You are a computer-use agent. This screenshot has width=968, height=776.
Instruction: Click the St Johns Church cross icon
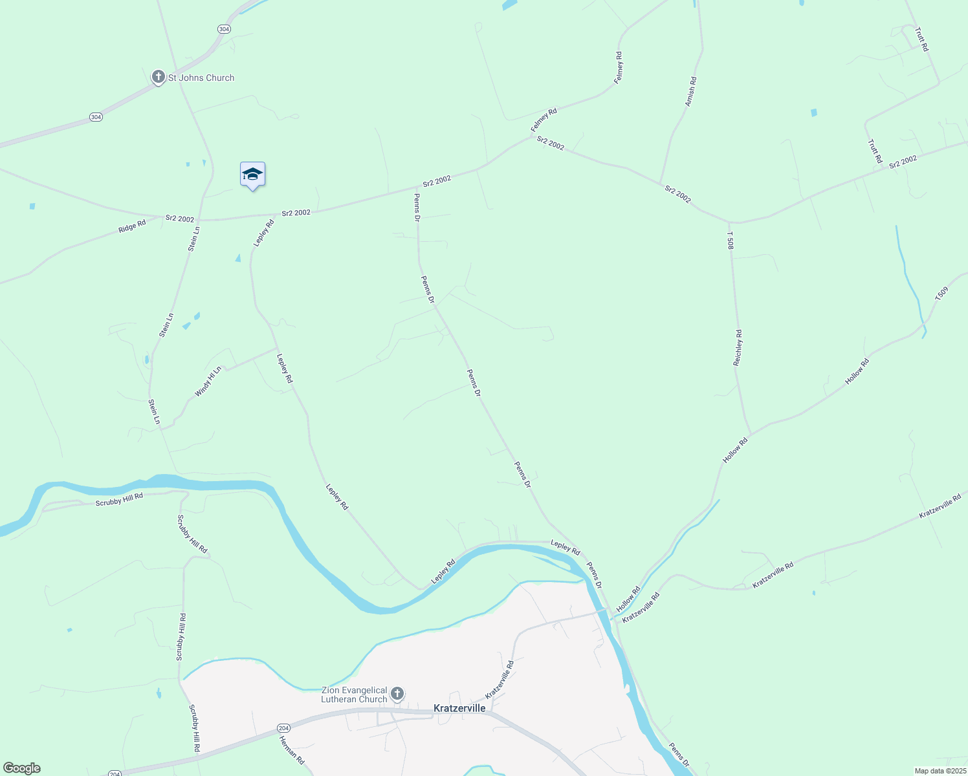pyautogui.click(x=158, y=78)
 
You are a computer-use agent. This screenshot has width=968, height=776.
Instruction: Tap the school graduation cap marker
pyautogui.click(x=252, y=175)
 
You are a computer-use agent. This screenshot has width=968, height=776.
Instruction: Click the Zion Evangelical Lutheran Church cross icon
pyautogui.click(x=397, y=695)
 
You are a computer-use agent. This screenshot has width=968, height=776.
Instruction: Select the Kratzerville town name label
pyautogui.click(x=459, y=708)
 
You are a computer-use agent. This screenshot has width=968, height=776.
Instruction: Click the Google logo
pyautogui.click(x=21, y=768)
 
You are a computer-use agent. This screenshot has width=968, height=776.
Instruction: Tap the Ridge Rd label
pyautogui.click(x=132, y=226)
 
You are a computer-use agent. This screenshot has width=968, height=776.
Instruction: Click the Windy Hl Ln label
pyautogui.click(x=208, y=382)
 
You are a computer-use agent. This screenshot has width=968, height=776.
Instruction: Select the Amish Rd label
pyautogui.click(x=690, y=91)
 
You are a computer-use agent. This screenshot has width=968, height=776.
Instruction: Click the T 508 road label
pyautogui.click(x=731, y=241)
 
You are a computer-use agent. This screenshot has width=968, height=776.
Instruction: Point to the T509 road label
pyautogui.click(x=941, y=294)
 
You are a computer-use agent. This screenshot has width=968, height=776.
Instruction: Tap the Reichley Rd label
pyautogui.click(x=738, y=348)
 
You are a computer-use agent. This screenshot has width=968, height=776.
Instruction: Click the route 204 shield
pyautogui.click(x=115, y=773)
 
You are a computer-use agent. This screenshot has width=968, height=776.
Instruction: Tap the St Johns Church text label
pyautogui.click(x=201, y=78)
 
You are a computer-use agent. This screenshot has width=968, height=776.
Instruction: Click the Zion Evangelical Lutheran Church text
pyautogui.click(x=354, y=695)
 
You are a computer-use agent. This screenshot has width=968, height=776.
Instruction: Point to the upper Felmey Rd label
pyautogui.click(x=619, y=67)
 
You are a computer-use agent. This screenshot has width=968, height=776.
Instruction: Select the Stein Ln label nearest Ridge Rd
pyautogui.click(x=193, y=239)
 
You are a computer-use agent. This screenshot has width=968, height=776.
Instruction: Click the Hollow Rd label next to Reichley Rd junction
pyautogui.click(x=735, y=450)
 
